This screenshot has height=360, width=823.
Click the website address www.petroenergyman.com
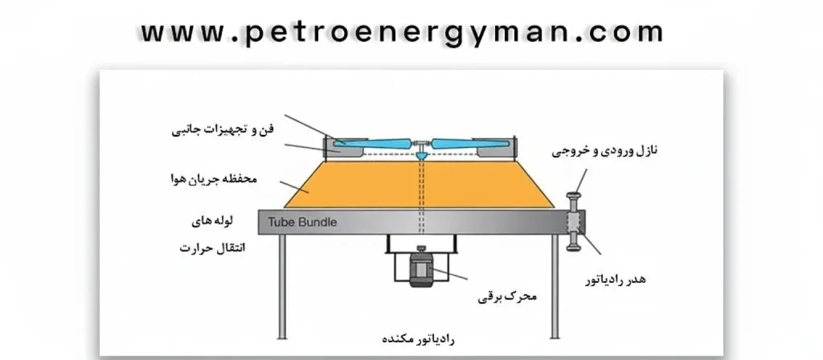point(402,31)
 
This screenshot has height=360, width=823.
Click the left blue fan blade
point(375,145)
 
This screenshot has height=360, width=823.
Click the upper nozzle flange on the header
point(575,198)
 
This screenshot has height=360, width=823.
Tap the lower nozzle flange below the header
point(575,244)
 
